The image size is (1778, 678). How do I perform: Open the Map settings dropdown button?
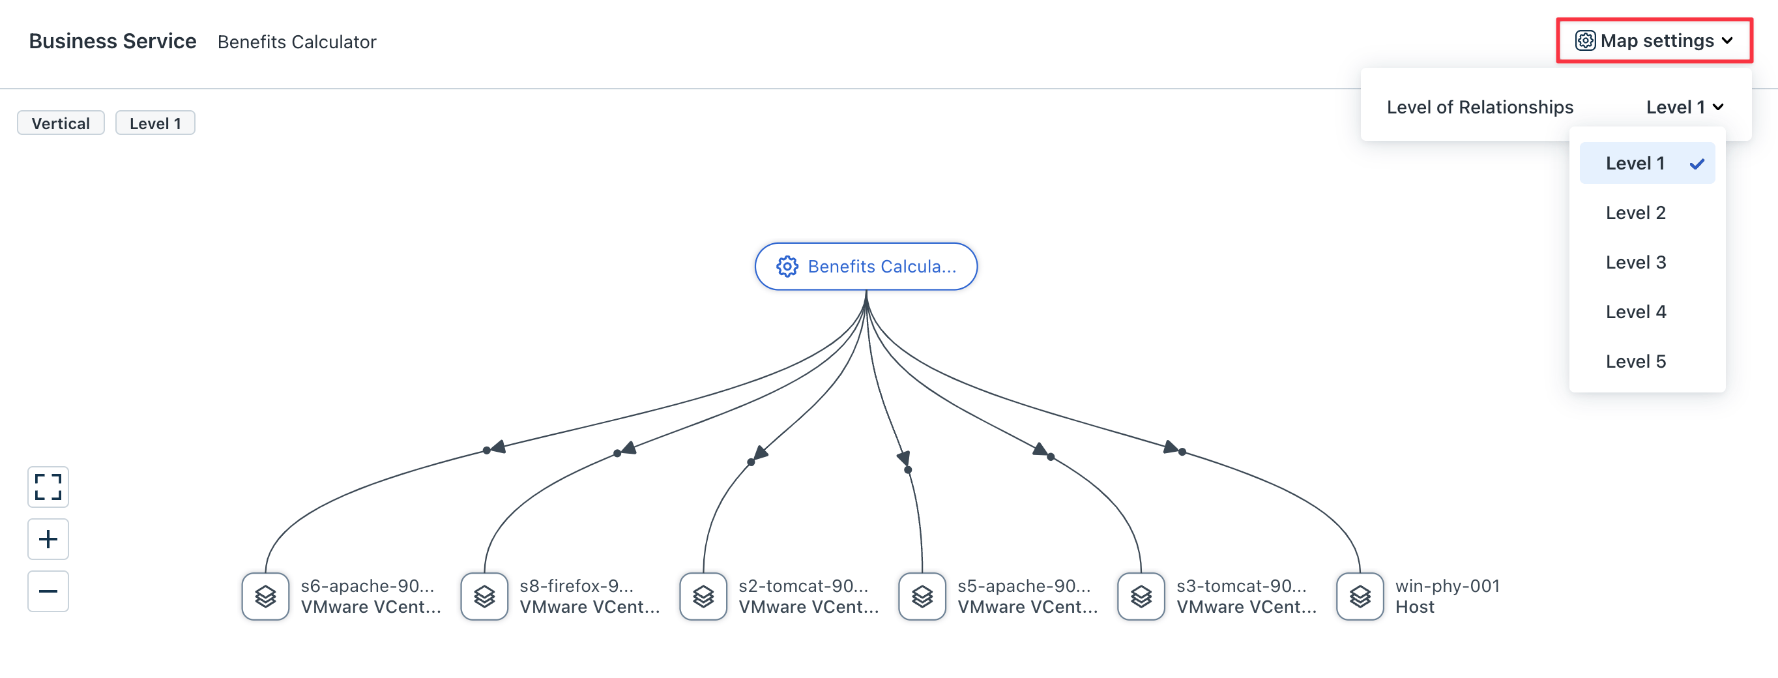(x=1654, y=40)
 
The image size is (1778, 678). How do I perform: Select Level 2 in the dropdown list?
(x=1635, y=213)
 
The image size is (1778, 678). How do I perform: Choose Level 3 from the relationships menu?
(x=1635, y=262)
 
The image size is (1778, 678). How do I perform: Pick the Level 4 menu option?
(x=1635, y=312)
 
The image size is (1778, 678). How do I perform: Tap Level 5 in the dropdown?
(x=1635, y=361)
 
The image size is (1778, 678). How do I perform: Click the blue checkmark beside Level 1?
(x=1697, y=164)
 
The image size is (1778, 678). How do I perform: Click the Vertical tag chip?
(x=61, y=123)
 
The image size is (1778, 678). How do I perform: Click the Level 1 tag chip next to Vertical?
(x=155, y=123)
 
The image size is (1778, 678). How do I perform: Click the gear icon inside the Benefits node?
(x=787, y=267)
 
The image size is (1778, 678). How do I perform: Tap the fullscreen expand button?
(x=48, y=487)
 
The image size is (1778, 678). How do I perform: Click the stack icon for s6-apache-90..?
(x=266, y=596)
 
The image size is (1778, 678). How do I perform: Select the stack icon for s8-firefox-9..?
(x=484, y=596)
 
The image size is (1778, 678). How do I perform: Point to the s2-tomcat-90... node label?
(x=804, y=586)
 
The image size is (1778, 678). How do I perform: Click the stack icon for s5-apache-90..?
(x=922, y=596)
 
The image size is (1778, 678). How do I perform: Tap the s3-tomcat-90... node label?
(x=1241, y=586)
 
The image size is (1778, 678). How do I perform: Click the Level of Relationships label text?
(x=1480, y=107)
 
